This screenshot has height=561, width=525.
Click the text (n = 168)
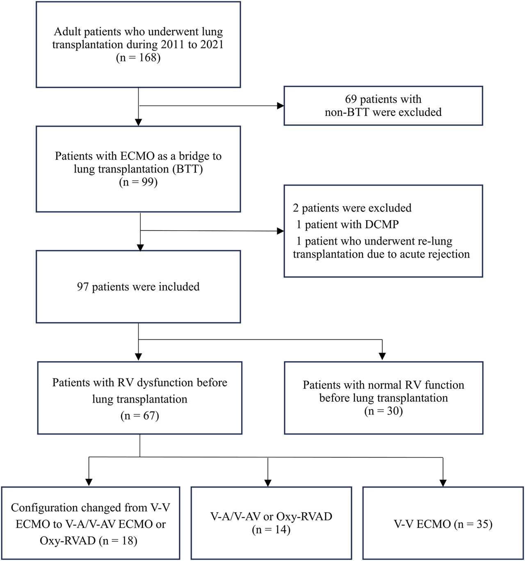point(138,57)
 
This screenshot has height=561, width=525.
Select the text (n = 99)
point(138,182)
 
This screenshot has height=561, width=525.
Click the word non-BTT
point(347,112)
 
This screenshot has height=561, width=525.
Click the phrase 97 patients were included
point(138,287)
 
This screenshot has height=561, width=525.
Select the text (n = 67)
point(139,416)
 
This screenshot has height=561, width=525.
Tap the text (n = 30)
point(383,411)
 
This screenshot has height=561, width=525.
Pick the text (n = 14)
point(271,530)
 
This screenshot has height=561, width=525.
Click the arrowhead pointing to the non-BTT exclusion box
point(281,106)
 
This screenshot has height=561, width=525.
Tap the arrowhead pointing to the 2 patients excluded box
point(281,231)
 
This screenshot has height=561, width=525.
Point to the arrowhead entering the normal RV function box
point(382,357)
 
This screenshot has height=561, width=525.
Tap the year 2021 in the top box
point(212,44)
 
